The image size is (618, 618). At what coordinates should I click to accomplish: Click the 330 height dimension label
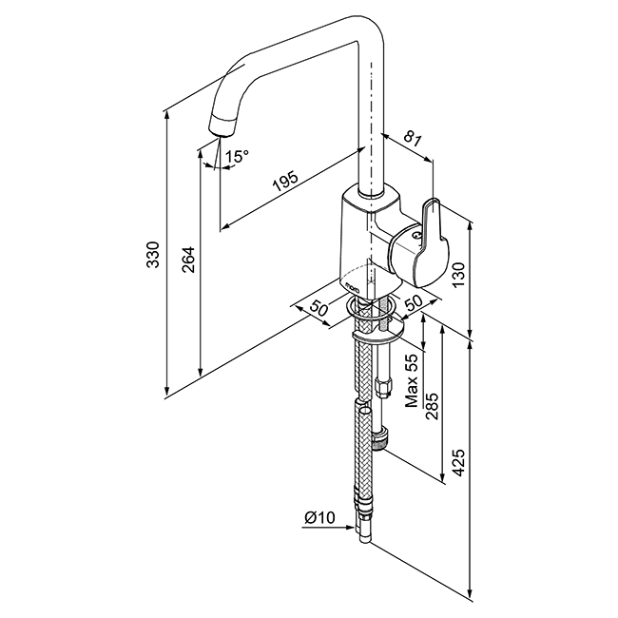153,255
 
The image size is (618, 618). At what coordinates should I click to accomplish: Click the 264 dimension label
188,260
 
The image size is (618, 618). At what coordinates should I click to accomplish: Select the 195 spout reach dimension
286,182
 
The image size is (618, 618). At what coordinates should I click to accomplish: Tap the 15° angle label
237,156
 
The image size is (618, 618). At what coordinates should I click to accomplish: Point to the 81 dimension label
413,139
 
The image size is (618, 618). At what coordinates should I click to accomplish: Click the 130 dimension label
459,275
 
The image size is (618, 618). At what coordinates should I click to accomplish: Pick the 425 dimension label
459,462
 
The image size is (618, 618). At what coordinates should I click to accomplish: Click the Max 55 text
411,380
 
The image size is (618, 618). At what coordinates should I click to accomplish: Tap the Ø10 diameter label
319,517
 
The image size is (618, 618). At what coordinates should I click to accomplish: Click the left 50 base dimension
319,308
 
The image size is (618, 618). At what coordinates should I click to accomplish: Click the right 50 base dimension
414,302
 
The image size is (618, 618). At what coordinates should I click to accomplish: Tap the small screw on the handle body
415,236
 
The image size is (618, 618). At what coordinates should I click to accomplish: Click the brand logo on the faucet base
353,287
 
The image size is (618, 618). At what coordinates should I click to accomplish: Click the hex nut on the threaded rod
383,387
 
